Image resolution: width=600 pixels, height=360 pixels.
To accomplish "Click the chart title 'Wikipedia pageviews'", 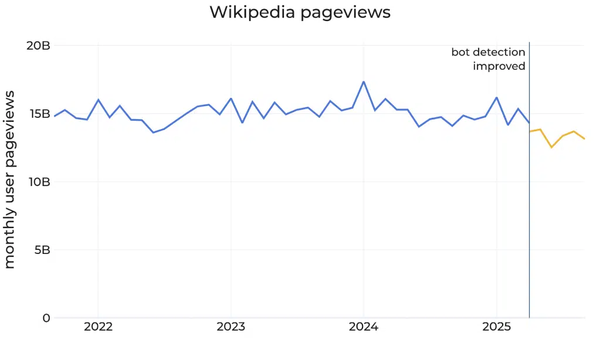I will (x=300, y=12).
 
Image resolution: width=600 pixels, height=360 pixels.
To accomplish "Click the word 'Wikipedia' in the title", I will (x=252, y=12).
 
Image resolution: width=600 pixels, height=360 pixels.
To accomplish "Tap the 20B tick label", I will (x=38, y=46).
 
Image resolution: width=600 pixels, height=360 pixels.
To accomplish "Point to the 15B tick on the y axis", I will (x=38, y=114).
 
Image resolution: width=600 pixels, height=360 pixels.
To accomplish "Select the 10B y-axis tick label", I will (x=38, y=182).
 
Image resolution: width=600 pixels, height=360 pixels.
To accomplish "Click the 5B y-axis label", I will (x=41, y=250).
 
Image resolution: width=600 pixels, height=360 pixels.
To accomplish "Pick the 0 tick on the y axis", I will (x=46, y=318).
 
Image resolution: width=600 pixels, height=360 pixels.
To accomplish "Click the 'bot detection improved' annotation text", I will (x=489, y=59).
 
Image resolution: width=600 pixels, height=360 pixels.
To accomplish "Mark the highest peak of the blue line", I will (x=364, y=81).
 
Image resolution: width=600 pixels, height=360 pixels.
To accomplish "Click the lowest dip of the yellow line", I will (x=551, y=147).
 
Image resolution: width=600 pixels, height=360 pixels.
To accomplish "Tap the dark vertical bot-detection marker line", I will (x=529, y=205).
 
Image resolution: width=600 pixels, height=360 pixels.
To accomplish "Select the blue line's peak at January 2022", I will (x=98, y=100).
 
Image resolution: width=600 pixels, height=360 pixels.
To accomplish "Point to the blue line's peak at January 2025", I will (x=497, y=97).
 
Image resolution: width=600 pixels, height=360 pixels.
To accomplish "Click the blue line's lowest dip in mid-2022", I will (x=153, y=133).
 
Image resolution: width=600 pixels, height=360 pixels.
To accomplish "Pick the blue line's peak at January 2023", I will (x=231, y=99).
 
